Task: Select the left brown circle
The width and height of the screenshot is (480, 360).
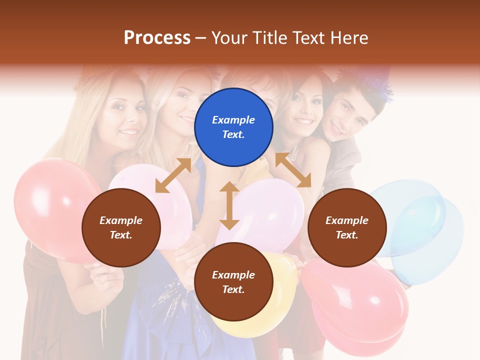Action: [121, 227]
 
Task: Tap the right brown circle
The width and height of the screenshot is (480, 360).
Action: [347, 227]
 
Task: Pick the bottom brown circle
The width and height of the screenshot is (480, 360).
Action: [233, 282]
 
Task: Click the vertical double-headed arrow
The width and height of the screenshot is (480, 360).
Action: [229, 205]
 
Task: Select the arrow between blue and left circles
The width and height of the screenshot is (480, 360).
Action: [173, 175]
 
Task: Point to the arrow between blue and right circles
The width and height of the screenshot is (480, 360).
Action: [293, 170]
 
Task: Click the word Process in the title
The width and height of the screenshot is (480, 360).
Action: [157, 37]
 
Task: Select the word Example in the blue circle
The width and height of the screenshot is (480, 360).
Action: [233, 120]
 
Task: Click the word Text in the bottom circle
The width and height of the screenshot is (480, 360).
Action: [232, 289]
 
